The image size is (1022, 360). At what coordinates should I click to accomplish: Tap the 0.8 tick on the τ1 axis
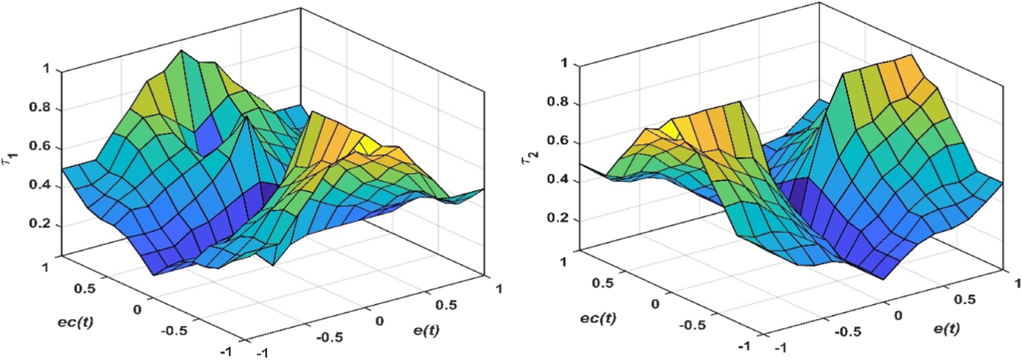click(39, 108)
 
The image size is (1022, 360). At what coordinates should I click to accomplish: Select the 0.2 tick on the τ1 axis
click(39, 225)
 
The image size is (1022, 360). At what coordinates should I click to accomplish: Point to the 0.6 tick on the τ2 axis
click(557, 141)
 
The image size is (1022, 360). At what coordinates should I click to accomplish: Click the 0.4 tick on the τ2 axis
click(557, 179)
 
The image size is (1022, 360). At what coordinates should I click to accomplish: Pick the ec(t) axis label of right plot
click(598, 318)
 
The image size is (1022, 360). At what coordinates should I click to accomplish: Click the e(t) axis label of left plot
click(426, 330)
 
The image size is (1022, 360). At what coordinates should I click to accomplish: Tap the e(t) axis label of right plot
click(946, 328)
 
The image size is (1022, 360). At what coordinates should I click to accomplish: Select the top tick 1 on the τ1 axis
click(46, 70)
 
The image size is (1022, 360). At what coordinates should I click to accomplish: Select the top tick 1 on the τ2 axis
click(564, 63)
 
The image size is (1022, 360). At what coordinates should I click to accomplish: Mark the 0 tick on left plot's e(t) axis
click(379, 321)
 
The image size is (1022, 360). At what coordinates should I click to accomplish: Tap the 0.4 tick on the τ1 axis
click(39, 186)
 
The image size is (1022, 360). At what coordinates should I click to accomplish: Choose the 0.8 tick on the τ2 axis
click(557, 102)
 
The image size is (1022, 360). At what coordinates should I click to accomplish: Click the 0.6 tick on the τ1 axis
click(39, 147)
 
